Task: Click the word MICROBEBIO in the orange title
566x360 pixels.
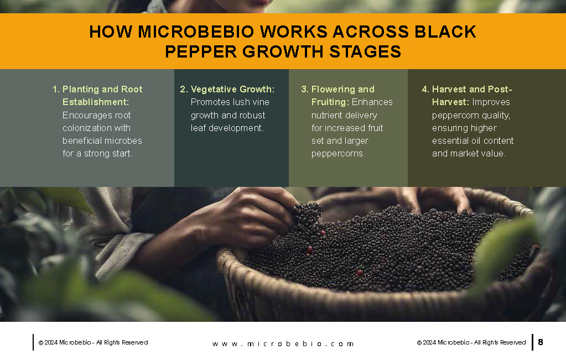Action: coord(196,32)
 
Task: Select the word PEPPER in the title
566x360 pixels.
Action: coord(201,51)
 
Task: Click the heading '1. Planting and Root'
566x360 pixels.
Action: coord(97,89)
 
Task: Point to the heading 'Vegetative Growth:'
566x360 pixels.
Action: coord(232,89)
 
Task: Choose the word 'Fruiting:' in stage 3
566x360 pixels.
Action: coord(330,102)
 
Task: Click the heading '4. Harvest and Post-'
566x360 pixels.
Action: coord(467,89)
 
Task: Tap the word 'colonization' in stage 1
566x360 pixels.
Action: coord(86,128)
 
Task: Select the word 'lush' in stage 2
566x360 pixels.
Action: coord(241,102)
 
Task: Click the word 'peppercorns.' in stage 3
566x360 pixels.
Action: coord(338,154)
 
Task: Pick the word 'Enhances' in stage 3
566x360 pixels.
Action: coord(372,102)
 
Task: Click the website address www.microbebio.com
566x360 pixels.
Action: coord(283,344)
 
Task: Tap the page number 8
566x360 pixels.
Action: coord(541,342)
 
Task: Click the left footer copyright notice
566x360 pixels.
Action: coord(93,342)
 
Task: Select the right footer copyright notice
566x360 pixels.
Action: coord(471,342)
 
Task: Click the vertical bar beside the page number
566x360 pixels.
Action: coord(532,342)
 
